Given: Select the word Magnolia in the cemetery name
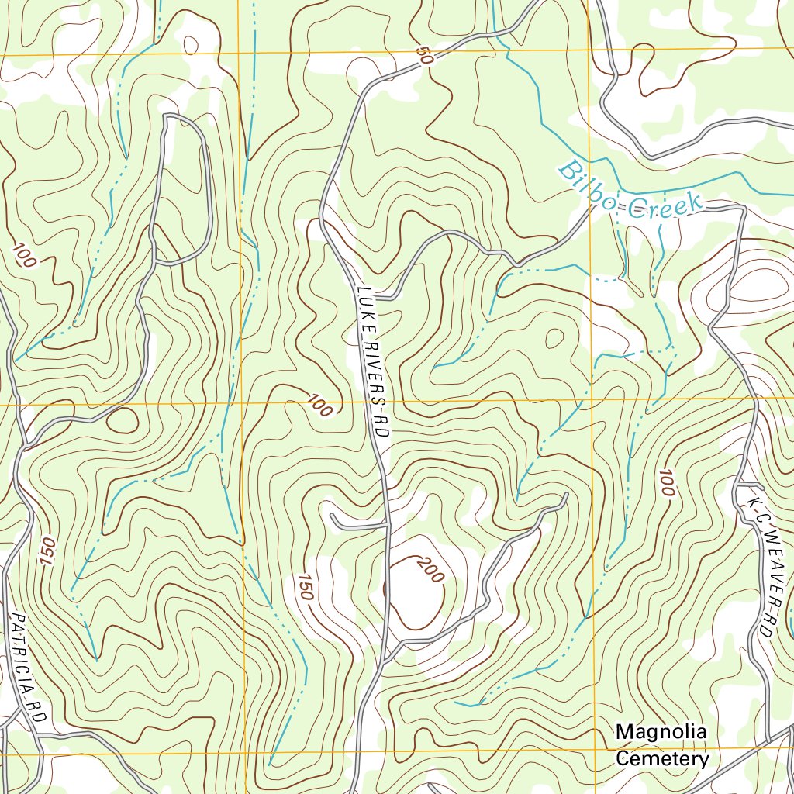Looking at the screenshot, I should pos(661,732).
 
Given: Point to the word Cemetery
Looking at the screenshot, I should pos(662,758).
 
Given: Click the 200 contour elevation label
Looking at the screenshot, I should pos(429,571).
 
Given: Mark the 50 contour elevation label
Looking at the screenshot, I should pos(424,56).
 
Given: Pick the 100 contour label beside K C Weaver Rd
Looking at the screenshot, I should pos(668,482).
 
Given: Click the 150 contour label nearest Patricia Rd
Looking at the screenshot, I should pos(45,551).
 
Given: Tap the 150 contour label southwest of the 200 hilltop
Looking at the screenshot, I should pos(304,587).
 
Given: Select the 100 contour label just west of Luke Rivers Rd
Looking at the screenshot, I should pos(319,405).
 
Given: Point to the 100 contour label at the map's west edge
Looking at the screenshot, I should pos(23,256).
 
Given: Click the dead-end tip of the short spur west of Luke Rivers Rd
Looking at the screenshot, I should pos(331,514).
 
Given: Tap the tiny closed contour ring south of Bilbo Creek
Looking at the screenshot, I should pos(554,338).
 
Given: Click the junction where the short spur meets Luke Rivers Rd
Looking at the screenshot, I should pos(387,526).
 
